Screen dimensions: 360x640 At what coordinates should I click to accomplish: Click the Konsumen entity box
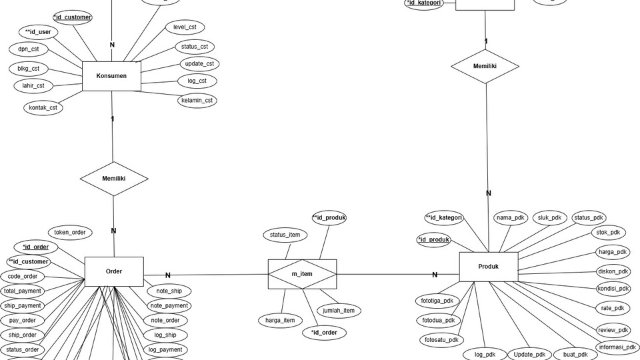pyautogui.click(x=111, y=76)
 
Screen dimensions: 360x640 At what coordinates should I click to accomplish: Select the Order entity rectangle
pyautogui.click(x=114, y=271)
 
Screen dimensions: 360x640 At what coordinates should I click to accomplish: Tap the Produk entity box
pyautogui.click(x=488, y=267)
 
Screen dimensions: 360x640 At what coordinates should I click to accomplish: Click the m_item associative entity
pyautogui.click(x=302, y=274)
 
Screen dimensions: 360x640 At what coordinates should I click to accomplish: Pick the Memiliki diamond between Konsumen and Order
pyautogui.click(x=114, y=179)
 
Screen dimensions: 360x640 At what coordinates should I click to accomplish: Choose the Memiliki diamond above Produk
pyautogui.click(x=485, y=67)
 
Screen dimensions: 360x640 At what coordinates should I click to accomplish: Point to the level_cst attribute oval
pyautogui.click(x=185, y=27)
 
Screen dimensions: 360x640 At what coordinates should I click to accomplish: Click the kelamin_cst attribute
pyautogui.click(x=197, y=101)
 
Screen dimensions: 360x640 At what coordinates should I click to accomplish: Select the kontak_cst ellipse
pyautogui.click(x=43, y=107)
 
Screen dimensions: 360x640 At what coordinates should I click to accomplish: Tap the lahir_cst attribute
pyautogui.click(x=33, y=85)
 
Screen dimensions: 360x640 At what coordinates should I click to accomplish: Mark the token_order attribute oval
pyautogui.click(x=70, y=232)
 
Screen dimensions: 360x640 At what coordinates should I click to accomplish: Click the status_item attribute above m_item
pyautogui.click(x=285, y=235)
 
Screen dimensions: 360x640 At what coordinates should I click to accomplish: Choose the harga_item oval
pyautogui.click(x=280, y=321)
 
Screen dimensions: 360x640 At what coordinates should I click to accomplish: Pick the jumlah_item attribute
pyautogui.click(x=339, y=311)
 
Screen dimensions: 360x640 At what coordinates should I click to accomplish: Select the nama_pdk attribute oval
pyautogui.click(x=511, y=218)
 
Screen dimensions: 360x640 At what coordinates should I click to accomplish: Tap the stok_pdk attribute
pyautogui.click(x=607, y=233)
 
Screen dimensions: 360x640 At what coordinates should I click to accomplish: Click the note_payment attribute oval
pyautogui.click(x=169, y=306)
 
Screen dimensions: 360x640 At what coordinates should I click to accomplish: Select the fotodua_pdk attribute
pyautogui.click(x=439, y=320)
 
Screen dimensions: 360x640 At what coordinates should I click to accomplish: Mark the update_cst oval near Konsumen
pyautogui.click(x=199, y=64)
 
